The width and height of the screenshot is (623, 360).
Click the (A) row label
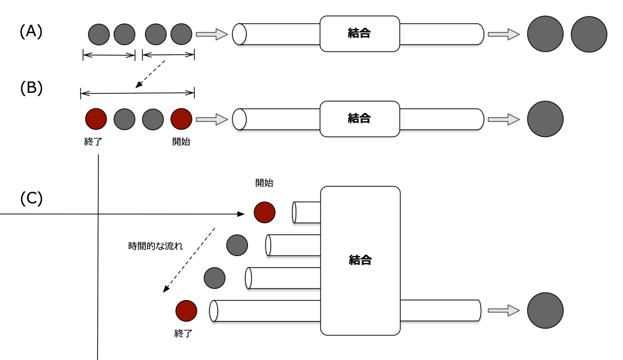pyautogui.click(x=31, y=32)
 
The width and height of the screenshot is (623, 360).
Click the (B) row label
pyautogui.click(x=31, y=88)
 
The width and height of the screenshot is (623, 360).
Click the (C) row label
pyautogui.click(x=31, y=198)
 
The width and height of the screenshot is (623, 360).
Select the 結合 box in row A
pyautogui.click(x=360, y=34)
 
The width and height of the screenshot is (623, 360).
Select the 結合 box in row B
pyautogui.click(x=360, y=118)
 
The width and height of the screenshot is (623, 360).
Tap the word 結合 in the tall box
pyautogui.click(x=360, y=260)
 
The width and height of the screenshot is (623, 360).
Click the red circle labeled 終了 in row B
pyautogui.click(x=96, y=119)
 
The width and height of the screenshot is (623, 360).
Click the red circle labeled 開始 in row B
pyautogui.click(x=181, y=119)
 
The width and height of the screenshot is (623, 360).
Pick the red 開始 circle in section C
pyautogui.click(x=264, y=212)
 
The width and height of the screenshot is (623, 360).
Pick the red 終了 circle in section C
pyautogui.click(x=186, y=311)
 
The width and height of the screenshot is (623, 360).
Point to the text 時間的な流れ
pyautogui.click(x=155, y=246)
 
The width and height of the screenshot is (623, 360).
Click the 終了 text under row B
pyautogui.click(x=93, y=142)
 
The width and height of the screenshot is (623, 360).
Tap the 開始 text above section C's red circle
pyautogui.click(x=264, y=183)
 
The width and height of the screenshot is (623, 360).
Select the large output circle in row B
pyautogui.click(x=545, y=119)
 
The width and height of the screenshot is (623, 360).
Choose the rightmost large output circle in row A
pyautogui.click(x=588, y=34)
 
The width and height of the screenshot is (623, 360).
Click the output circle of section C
pyautogui.click(x=545, y=311)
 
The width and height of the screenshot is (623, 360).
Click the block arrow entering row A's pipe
pyautogui.click(x=212, y=34)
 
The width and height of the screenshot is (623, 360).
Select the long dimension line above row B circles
pyautogui.click(x=137, y=93)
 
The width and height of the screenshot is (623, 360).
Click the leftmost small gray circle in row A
pyautogui.click(x=99, y=34)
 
